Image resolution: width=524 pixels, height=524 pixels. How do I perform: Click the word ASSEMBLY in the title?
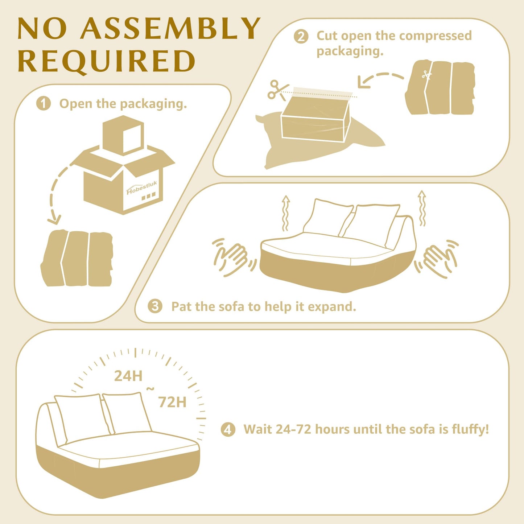tap(170, 28)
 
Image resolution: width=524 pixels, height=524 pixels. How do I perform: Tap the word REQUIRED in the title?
tap(107, 61)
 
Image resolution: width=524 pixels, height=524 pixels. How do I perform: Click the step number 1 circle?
tap(44, 104)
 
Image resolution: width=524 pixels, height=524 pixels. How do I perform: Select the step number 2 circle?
tap(301, 36)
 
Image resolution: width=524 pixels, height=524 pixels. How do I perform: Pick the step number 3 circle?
tap(155, 306)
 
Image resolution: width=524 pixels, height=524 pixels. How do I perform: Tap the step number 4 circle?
tap(228, 430)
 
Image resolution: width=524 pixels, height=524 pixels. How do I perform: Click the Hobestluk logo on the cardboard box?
tap(142, 188)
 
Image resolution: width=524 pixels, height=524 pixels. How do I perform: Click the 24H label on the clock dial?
tap(128, 376)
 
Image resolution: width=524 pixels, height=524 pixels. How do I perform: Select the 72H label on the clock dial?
tap(172, 402)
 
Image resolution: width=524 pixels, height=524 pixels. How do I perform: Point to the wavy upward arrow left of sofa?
tap(285, 213)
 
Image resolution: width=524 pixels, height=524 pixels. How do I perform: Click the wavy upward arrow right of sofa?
tap(422, 208)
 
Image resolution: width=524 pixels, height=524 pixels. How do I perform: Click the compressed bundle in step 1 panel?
tap(77, 258)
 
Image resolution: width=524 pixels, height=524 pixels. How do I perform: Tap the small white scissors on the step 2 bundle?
tap(427, 75)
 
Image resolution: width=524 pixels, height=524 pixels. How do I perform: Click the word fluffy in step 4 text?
tap(470, 430)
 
